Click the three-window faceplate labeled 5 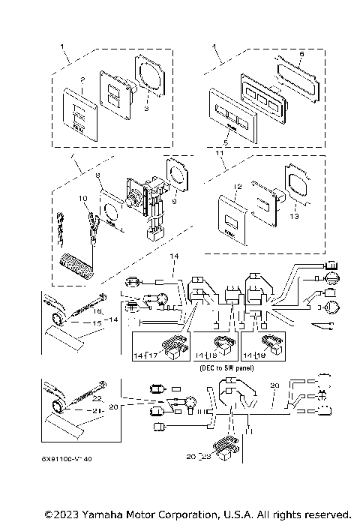232,122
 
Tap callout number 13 293,215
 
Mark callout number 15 96,323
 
